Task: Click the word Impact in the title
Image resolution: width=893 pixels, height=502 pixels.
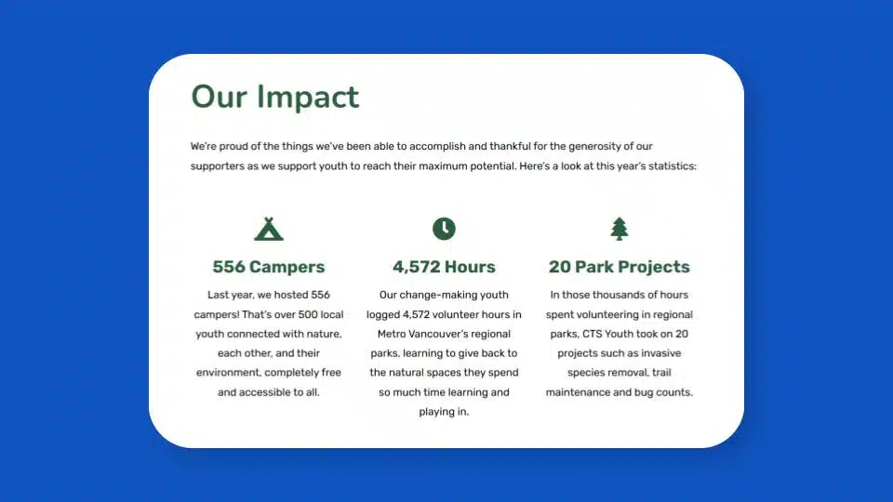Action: pos(308,97)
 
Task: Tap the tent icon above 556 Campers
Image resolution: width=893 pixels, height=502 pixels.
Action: pos(269,230)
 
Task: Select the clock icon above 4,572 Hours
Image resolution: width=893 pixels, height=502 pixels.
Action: pos(444,229)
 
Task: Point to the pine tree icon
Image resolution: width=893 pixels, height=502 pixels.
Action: pos(620,229)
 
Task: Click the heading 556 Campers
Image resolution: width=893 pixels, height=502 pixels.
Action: pos(269,267)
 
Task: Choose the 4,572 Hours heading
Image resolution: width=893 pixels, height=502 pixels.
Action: pos(444,267)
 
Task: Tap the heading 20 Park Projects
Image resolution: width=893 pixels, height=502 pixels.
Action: pos(620,267)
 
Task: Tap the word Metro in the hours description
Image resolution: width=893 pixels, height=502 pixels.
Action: pos(392,334)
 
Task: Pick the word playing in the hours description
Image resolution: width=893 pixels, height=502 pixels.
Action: pos(436,412)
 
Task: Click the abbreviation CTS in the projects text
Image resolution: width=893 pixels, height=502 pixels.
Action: pos(592,334)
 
